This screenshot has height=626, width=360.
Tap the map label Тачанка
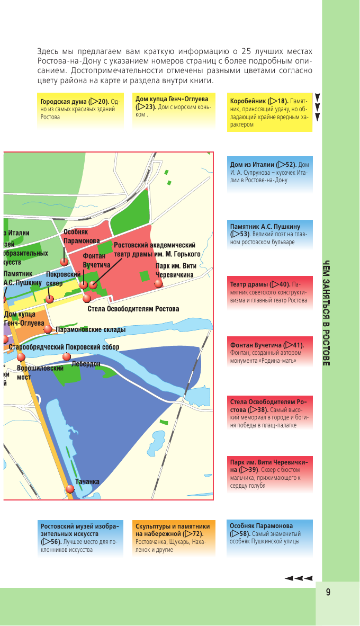[87, 481]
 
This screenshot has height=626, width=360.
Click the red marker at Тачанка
[70, 489]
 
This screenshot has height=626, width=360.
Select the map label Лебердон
[86, 364]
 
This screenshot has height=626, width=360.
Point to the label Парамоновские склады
[91, 329]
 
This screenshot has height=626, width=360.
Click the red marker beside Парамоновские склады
[48, 329]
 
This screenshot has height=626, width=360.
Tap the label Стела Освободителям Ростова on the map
[133, 309]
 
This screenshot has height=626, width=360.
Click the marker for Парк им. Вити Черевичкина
[158, 283]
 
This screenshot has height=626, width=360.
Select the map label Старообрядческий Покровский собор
[64, 347]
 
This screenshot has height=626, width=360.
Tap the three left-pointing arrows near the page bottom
[299, 578]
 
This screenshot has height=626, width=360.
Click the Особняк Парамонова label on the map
[82, 236]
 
